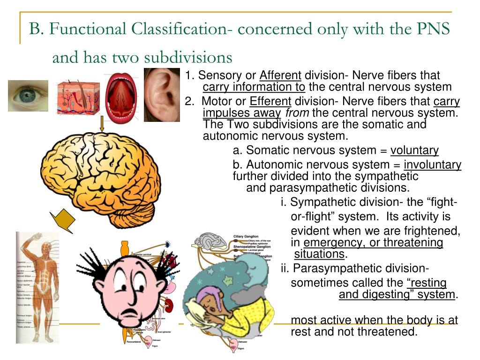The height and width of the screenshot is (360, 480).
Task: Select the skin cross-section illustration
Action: point(77,97)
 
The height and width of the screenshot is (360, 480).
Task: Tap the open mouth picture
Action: point(120,98)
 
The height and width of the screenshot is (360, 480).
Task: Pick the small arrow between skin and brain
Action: point(102,123)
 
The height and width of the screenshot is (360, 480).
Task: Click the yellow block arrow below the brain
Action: point(64,220)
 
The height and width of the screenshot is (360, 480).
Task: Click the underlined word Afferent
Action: point(281,76)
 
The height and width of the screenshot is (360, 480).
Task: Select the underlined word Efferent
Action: point(270,102)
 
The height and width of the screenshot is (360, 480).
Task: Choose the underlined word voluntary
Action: point(415,150)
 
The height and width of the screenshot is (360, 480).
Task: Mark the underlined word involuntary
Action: point(433,165)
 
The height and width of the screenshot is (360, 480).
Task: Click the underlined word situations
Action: point(319,254)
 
